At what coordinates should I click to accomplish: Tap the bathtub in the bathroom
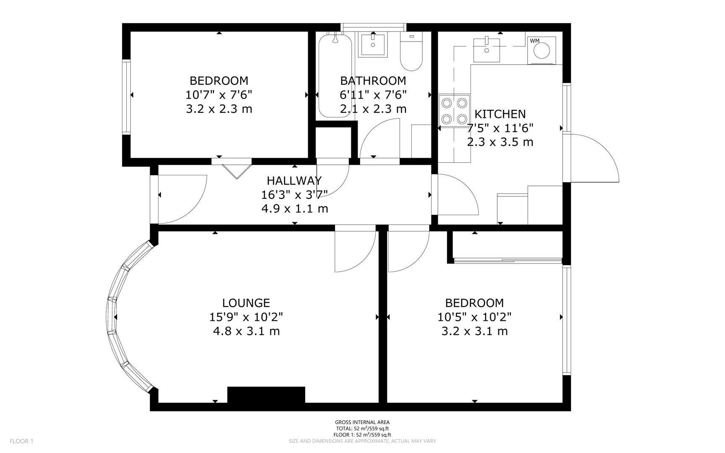(335, 75)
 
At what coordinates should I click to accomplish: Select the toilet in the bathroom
(411, 52)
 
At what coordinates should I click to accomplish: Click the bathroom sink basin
(372, 44)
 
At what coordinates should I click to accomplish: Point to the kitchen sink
(486, 49)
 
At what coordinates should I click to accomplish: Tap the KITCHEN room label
(500, 114)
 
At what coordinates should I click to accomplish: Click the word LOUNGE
(246, 303)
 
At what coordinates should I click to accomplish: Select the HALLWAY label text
(294, 181)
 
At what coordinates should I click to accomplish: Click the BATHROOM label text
(373, 81)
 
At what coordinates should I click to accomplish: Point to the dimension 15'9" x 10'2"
(246, 317)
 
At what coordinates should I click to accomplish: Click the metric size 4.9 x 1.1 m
(294, 208)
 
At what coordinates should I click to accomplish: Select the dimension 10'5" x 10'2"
(474, 317)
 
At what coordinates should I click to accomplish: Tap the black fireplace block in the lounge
(266, 395)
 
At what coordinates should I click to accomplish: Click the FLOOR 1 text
(21, 441)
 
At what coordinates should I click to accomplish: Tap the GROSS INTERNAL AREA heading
(362, 422)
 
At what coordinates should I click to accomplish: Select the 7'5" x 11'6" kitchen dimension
(500, 128)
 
